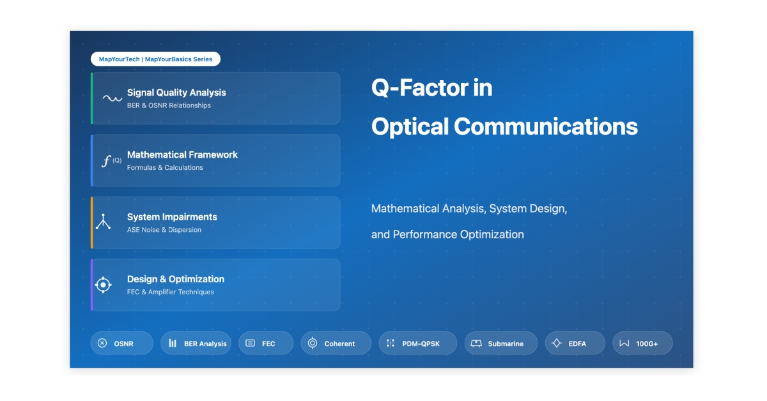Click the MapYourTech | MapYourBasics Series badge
pos(155,59)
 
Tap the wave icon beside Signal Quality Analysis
pos(112,98)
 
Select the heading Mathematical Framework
pos(182,155)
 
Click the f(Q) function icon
pos(111,160)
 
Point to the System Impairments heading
pos(172,217)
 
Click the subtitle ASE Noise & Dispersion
pos(164,230)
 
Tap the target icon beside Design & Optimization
pos(103,285)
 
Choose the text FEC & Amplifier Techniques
pos(171,292)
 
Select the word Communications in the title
pos(546,126)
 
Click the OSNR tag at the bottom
pos(121,343)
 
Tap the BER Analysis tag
pos(196,343)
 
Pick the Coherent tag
pos(336,343)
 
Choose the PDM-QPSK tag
pos(418,343)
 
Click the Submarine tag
pos(501,343)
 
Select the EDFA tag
pos(575,343)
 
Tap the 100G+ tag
pos(642,343)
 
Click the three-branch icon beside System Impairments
pos(103,222)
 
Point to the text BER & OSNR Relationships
pos(169,105)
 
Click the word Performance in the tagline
pos(425,234)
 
